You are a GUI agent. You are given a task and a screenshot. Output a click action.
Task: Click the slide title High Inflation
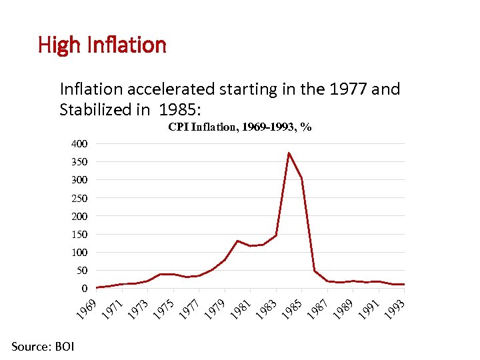[x=102, y=45]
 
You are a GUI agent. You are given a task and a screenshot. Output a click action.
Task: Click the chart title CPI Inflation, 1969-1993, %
[x=240, y=127]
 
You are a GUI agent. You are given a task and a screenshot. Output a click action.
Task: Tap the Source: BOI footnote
[x=43, y=346]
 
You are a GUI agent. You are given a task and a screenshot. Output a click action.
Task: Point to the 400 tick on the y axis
[x=79, y=144]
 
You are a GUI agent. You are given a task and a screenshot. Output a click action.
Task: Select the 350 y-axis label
[x=79, y=162]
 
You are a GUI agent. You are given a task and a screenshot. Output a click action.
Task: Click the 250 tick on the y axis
[x=79, y=199]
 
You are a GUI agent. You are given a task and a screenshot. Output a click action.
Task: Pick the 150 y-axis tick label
[x=79, y=235]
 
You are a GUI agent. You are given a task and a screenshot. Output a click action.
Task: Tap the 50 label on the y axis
[x=81, y=271]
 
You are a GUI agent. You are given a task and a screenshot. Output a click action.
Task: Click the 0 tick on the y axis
[x=84, y=289]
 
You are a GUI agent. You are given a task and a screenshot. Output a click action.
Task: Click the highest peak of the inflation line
[x=289, y=153]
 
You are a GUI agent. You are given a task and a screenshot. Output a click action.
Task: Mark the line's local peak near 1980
[x=237, y=241]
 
